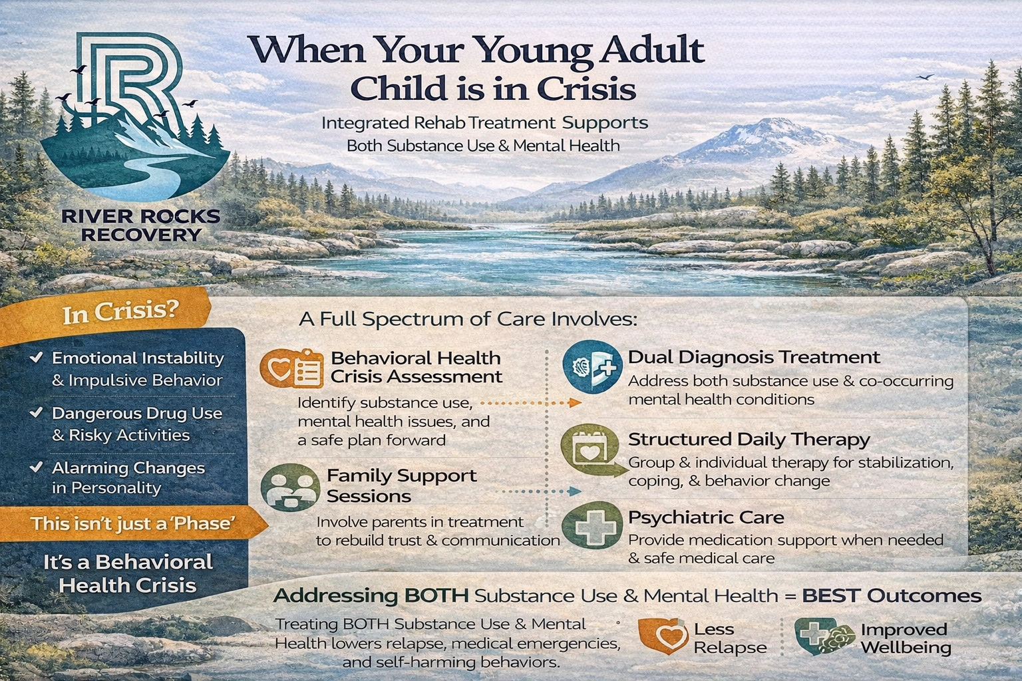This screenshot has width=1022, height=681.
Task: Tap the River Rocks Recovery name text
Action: (140, 225)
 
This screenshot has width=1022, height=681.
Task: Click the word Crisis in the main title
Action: (586, 88)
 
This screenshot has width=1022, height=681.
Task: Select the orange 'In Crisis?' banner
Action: (120, 313)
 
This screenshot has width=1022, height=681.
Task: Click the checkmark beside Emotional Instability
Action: (37, 358)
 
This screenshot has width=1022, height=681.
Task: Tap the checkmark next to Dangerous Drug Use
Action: (37, 413)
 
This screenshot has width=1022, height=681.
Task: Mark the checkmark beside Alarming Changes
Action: (37, 468)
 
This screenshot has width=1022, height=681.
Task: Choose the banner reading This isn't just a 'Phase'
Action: (132, 523)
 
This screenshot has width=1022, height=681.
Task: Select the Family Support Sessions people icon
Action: (289, 487)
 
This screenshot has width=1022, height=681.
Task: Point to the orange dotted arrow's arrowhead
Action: (576, 403)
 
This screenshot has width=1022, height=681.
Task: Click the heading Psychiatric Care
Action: (706, 517)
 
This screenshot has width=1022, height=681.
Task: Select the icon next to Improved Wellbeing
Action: (824, 637)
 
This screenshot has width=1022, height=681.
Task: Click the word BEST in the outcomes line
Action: (831, 595)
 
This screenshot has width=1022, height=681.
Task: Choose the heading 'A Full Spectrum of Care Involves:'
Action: (468, 319)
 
